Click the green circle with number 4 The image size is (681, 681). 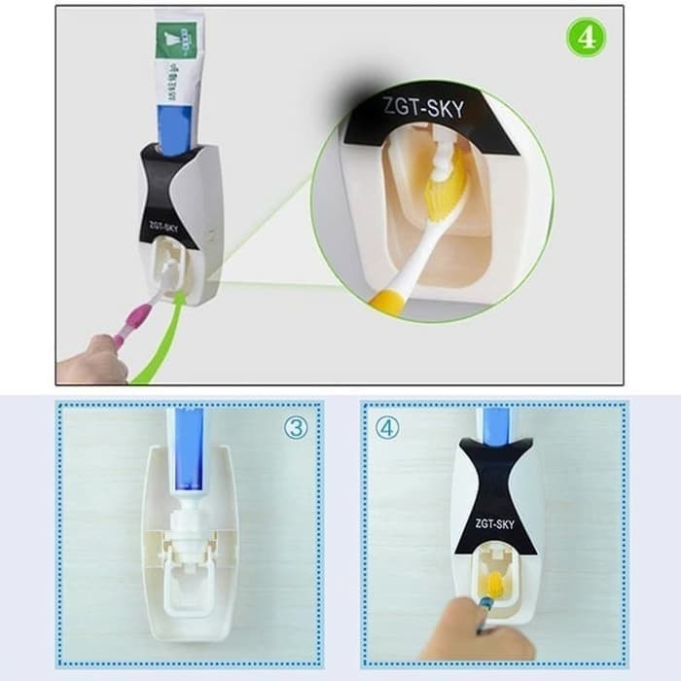588,38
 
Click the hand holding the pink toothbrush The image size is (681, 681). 91,359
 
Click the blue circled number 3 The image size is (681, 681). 295,427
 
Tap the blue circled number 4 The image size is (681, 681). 387,427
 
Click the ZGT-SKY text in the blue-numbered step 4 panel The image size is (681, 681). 495,523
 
